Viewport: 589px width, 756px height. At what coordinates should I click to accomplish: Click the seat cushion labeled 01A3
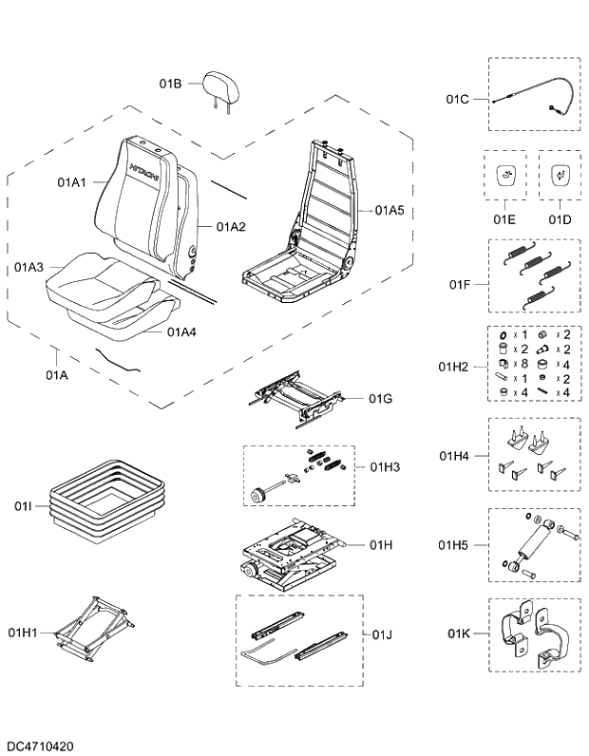coord(95,279)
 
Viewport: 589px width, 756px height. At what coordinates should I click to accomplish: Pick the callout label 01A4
coord(181,331)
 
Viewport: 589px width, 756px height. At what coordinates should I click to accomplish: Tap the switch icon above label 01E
coord(504,175)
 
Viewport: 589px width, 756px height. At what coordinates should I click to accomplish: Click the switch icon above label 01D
coord(560,175)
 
